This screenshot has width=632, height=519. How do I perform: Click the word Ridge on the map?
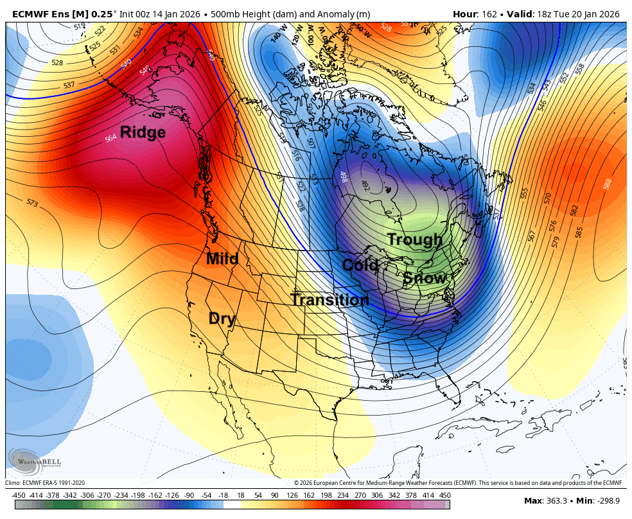coord(143,132)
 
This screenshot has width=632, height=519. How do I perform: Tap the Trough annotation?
coord(415,240)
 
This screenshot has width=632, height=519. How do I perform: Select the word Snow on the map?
coord(425,278)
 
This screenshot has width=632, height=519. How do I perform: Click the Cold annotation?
coord(360,265)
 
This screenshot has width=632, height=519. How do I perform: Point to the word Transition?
coord(329,299)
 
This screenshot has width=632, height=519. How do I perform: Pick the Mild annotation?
coord(222,259)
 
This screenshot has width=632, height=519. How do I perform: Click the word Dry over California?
coord(222,319)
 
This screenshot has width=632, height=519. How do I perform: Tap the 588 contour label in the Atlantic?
coord(607,184)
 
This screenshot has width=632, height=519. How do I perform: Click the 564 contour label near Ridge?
coord(110,138)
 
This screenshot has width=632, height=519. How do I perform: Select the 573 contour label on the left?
coord(32,202)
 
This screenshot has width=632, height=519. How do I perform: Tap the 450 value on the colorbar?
coord(444,495)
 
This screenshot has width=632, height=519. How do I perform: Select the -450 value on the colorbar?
coord(19,495)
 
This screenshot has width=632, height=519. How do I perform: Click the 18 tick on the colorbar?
coord(241,495)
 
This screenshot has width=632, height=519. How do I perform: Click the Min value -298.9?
coord(606,500)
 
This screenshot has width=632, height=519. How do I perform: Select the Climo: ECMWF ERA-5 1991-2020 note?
coord(45,483)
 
